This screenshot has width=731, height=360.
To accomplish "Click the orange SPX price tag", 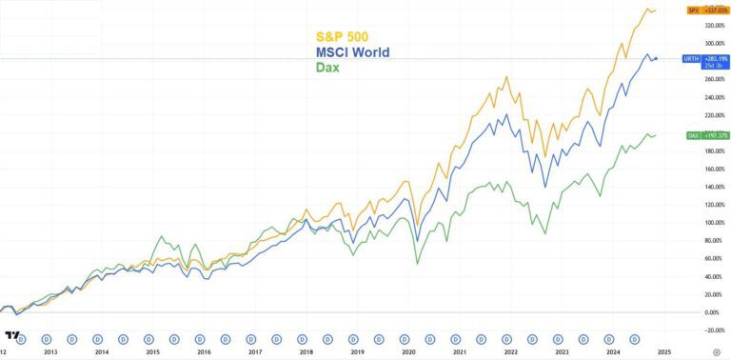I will (708, 10).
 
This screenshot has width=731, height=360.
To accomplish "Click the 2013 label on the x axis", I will (49, 352).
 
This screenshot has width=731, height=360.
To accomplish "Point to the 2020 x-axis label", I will (409, 352).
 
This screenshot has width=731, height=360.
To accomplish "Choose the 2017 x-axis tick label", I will (255, 352).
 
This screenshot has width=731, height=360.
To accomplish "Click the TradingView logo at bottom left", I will (11, 336).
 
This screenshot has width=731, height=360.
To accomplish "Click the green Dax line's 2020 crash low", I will (417, 263).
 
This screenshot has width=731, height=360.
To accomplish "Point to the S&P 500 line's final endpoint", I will (655, 10).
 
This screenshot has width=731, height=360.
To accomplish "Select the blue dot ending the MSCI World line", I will (655, 59).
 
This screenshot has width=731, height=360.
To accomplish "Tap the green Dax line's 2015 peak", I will (162, 236).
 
